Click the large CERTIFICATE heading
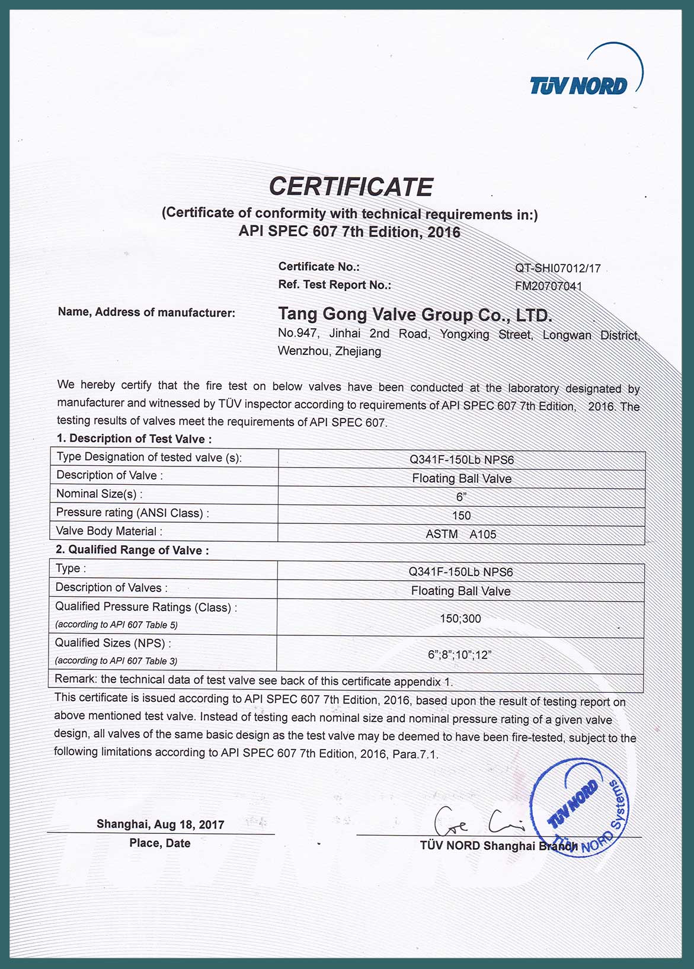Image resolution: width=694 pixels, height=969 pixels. coord(351,187)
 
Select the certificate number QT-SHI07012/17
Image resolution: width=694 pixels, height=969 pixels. coord(558,268)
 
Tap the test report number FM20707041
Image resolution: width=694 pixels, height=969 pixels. coord(549,287)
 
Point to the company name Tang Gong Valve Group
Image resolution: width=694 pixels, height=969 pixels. coord(415,314)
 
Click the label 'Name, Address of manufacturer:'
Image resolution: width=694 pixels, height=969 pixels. coord(146,312)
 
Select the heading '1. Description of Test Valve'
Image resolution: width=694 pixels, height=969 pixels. coord(134,439)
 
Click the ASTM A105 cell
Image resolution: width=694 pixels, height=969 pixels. coord(461,534)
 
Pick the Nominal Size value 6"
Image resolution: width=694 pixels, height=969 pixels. coord(461,497)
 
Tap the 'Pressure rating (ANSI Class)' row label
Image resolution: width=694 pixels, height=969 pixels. coord(132,513)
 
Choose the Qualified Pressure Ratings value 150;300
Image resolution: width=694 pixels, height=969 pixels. coord(460,619)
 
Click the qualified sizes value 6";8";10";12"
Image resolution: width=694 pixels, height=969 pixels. coord(460,655)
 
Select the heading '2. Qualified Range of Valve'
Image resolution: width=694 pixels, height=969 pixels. coord(132,550)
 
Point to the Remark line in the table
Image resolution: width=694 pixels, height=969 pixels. coord(254,680)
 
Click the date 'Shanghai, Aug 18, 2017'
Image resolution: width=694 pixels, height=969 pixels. coord(161,824)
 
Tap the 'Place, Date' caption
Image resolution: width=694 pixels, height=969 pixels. coord(160,843)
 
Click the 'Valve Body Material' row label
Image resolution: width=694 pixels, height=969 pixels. coord(109,531)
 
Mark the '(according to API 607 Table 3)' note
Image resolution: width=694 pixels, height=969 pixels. coord(116,661)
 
